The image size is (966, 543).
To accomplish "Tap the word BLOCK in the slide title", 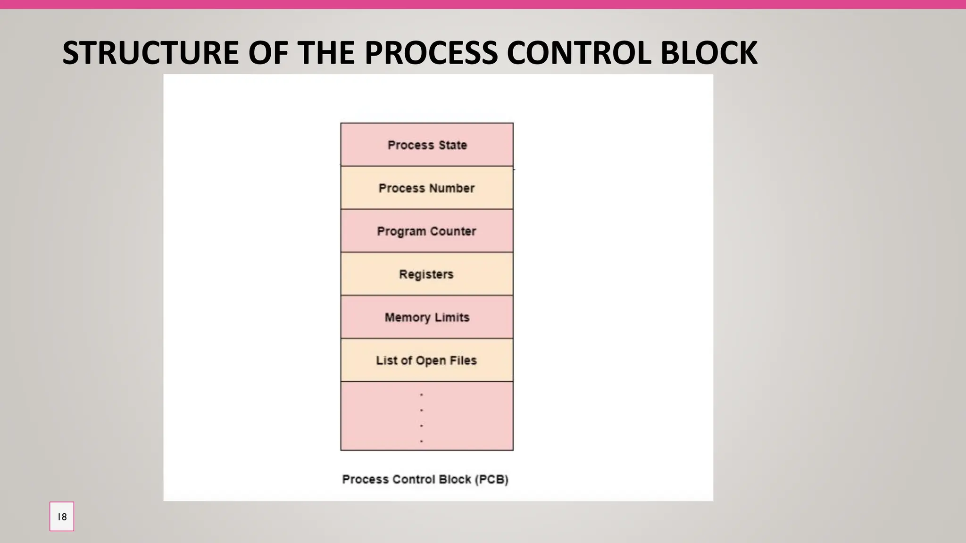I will click(x=708, y=52).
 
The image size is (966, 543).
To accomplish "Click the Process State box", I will click(x=427, y=145).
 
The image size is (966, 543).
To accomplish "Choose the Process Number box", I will click(x=427, y=188).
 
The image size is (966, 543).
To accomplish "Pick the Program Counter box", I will click(x=427, y=231).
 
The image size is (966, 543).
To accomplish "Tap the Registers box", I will click(x=427, y=274).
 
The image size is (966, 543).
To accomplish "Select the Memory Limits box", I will click(x=427, y=317).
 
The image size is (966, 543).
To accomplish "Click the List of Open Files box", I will click(x=427, y=361).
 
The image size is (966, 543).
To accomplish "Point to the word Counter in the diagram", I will click(x=453, y=231).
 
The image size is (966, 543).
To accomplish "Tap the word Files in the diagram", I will click(x=463, y=361).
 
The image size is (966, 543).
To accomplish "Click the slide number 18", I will click(x=62, y=517).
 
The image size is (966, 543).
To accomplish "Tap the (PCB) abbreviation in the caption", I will click(x=491, y=479).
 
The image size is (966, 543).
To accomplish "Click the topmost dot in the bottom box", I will click(x=421, y=395).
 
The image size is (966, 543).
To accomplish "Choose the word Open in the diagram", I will click(x=431, y=361).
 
